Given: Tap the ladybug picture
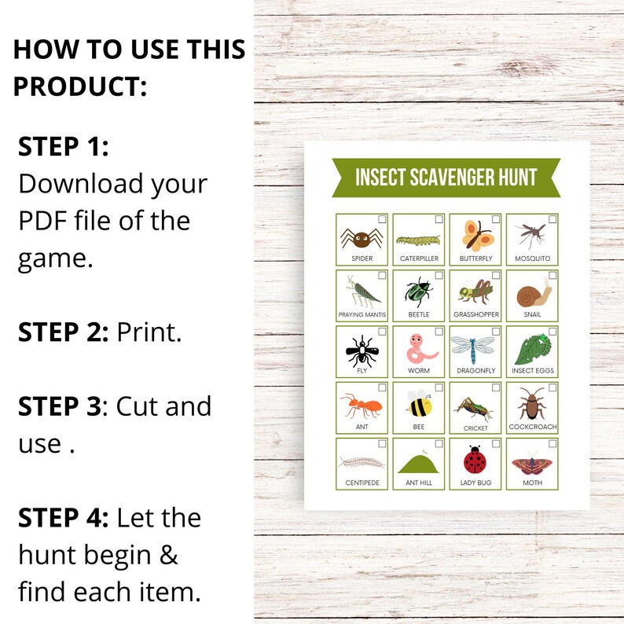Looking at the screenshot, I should [474, 460].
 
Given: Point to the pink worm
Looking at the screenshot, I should [418, 348].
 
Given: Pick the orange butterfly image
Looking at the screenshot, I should [475, 235].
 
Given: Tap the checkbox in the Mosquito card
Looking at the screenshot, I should [552, 219].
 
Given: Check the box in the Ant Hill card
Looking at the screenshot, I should [439, 443].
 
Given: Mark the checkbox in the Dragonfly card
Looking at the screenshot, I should [495, 332].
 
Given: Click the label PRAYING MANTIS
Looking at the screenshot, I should [362, 314].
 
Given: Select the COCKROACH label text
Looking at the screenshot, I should [532, 427].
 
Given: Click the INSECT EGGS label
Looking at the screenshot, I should [532, 370].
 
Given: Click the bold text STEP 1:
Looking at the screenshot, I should [63, 146].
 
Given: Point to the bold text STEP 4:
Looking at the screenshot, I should [64, 518].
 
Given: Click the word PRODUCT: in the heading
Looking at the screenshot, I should [79, 86].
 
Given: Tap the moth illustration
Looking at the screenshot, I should [531, 461].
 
